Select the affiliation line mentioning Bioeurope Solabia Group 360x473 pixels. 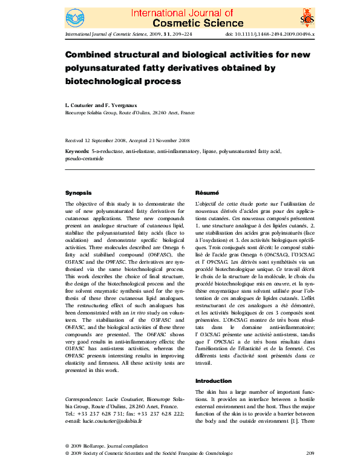click(x=129, y=113)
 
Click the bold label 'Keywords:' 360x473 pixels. click(x=77, y=151)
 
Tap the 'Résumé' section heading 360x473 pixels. click(x=206, y=193)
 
